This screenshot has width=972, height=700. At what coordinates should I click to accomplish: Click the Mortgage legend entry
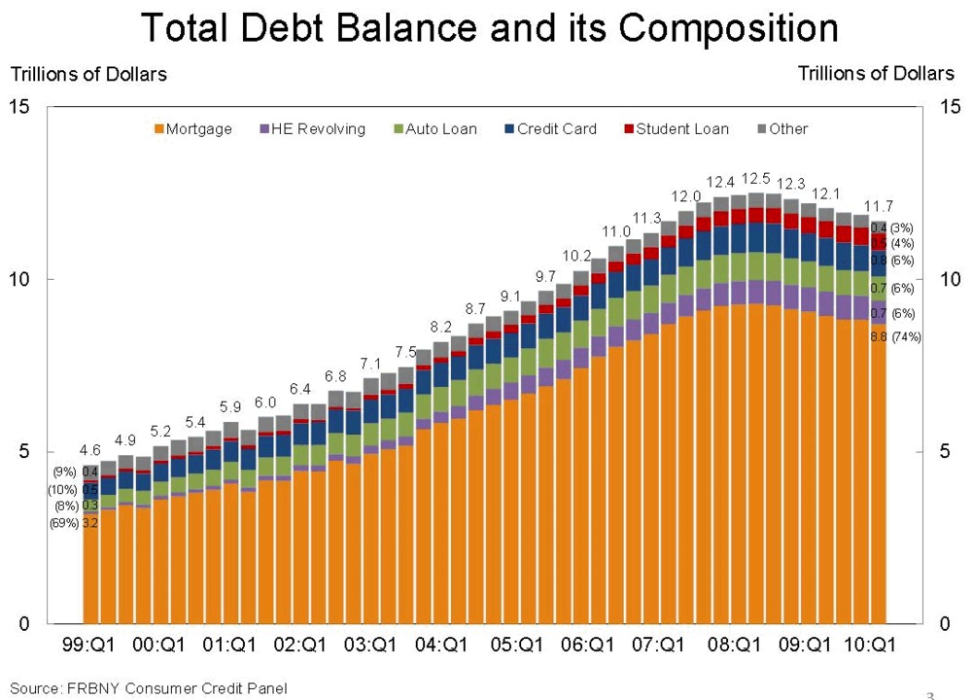[193, 128]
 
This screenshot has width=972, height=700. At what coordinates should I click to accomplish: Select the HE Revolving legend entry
[312, 128]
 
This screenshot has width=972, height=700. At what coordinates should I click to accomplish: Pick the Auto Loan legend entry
[434, 128]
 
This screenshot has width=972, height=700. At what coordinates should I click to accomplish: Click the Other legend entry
[781, 128]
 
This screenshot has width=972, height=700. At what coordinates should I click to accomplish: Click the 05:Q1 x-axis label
[518, 645]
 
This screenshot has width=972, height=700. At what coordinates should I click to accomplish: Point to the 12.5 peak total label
[755, 178]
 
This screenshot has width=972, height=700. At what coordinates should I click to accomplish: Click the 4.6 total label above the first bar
[89, 449]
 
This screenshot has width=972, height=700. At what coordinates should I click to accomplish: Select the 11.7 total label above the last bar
[879, 205]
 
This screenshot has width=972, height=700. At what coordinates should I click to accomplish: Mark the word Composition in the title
[728, 29]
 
